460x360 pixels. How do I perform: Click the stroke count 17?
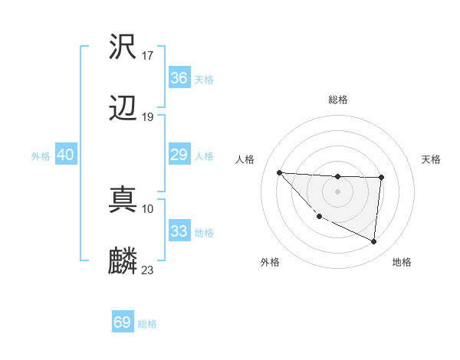click(149, 55)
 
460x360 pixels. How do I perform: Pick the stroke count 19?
click(149, 117)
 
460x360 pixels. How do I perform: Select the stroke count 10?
click(148, 208)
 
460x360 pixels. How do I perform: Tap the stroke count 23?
click(148, 270)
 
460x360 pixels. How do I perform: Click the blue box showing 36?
click(179, 78)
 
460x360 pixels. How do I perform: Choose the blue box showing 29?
click(179, 155)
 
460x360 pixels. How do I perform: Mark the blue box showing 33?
click(179, 231)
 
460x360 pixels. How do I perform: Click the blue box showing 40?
click(65, 155)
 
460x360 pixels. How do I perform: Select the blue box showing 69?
click(123, 322)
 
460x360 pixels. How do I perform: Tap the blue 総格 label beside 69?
click(148, 324)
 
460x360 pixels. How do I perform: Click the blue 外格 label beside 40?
click(41, 156)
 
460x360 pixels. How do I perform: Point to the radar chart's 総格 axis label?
click(338, 100)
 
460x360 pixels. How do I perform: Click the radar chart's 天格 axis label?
click(432, 159)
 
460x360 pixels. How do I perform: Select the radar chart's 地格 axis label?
click(402, 263)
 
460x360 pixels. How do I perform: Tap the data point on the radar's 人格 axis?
click(280, 172)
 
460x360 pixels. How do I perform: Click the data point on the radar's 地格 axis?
click(373, 242)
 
